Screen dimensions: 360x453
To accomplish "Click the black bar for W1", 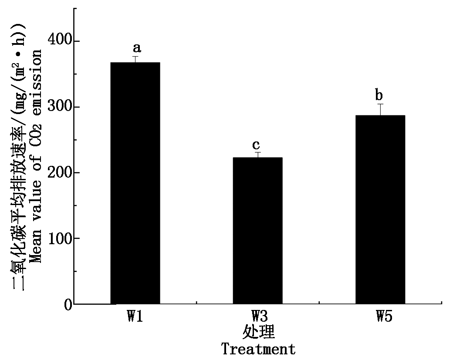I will [x=135, y=183].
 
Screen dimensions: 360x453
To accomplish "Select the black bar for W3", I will [x=257, y=231].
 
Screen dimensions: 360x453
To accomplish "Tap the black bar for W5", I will [x=380, y=209].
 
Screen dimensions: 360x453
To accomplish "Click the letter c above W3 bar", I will [x=257, y=145].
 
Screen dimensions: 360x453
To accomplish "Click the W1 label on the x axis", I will [x=135, y=316].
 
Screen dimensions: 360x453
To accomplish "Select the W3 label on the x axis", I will [x=258, y=316].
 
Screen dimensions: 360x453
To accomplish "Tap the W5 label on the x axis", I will [x=384, y=316].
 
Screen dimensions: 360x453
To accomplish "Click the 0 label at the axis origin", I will [x=68, y=305].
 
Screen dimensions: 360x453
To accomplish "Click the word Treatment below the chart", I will [x=258, y=349].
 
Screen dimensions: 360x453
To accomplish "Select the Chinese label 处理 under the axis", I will [x=258, y=333].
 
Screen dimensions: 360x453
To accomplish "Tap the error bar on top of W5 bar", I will [x=380, y=109].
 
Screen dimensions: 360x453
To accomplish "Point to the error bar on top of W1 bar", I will [x=135, y=59].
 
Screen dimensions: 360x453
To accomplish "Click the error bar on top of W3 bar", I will [x=257, y=155].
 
